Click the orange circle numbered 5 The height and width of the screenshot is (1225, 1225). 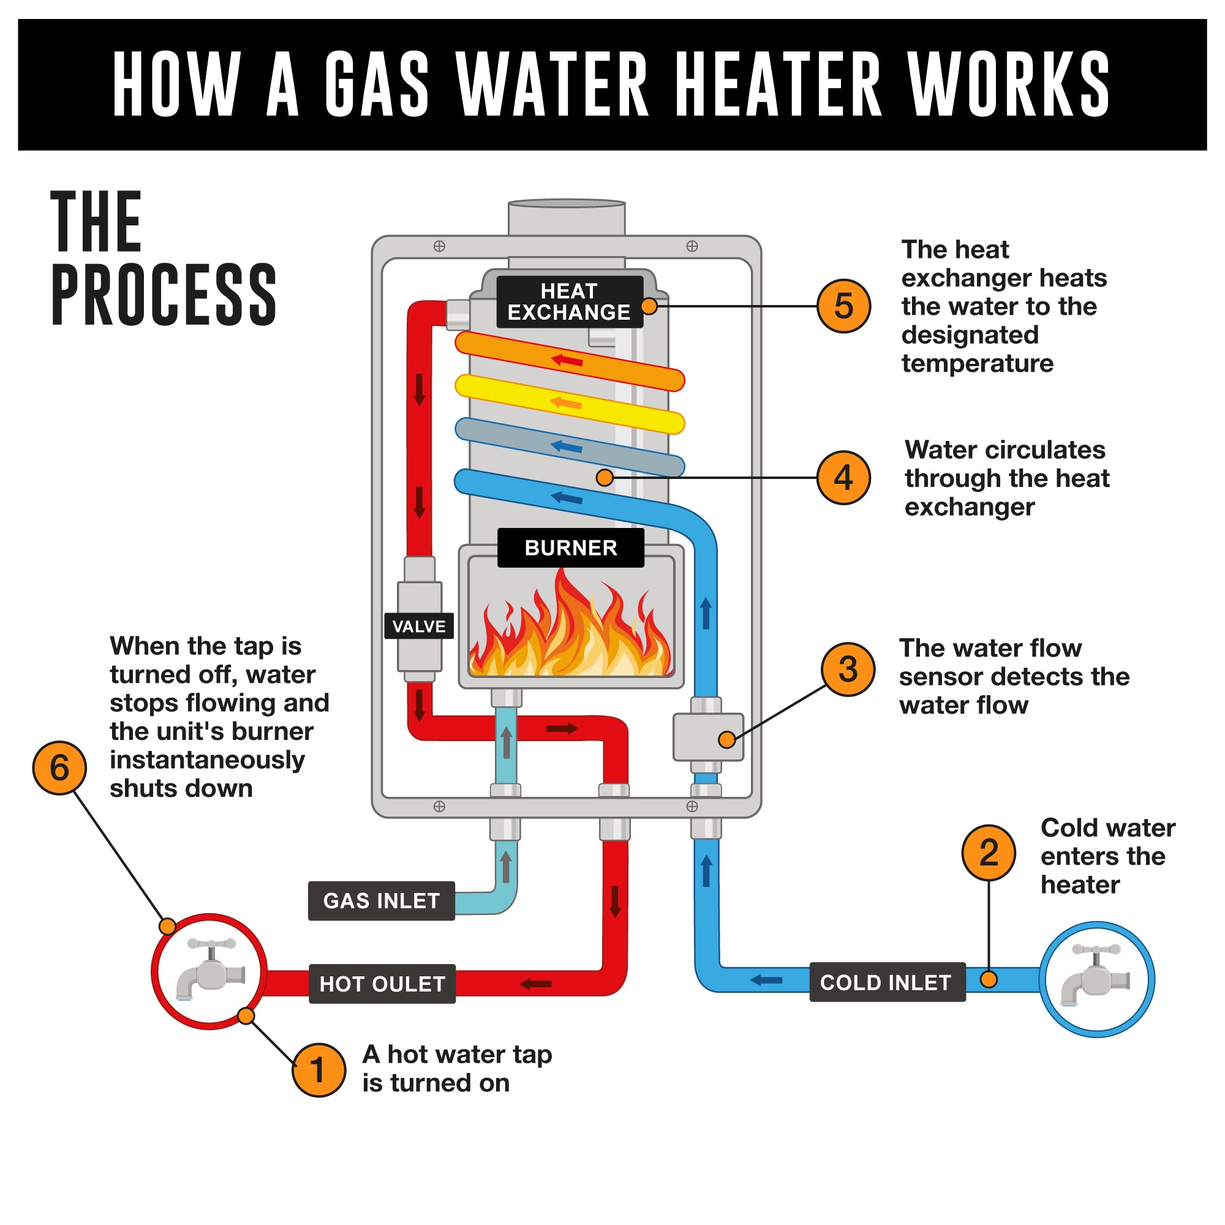coord(843,306)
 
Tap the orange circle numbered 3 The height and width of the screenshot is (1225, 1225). coord(848,669)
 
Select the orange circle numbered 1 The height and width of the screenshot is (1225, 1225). coord(319,1070)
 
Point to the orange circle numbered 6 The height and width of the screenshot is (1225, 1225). coord(59,768)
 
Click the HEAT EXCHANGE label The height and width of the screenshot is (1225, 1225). coord(569,302)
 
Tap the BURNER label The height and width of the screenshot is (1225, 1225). coord(571,548)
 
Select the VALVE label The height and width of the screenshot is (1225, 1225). coord(418,627)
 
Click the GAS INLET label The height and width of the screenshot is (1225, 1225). coord(381,901)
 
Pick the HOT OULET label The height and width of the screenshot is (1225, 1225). coord(382,984)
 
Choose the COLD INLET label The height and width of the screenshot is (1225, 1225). coord(886,983)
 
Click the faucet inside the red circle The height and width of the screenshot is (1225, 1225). coord(210,971)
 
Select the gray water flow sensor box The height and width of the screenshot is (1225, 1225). coord(707,737)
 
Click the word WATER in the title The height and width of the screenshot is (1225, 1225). coord(552,85)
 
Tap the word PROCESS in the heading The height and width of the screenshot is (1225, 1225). coord(164,295)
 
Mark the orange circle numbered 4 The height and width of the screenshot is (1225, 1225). coord(843,478)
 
